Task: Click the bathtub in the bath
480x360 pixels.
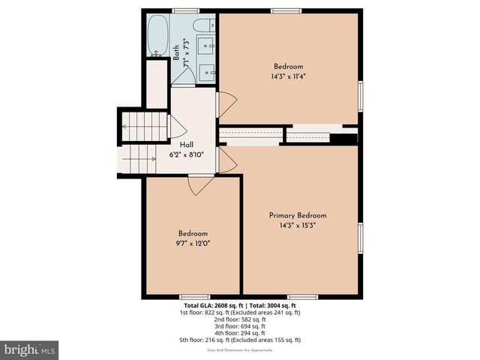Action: point(158,36)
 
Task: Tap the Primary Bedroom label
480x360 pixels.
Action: point(298,215)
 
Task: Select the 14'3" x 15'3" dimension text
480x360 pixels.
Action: point(298,226)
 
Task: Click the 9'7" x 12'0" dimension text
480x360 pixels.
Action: point(193,243)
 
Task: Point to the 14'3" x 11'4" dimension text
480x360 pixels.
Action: point(288,76)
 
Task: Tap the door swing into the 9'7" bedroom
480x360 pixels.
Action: point(200,184)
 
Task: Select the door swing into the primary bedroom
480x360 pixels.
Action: point(227,158)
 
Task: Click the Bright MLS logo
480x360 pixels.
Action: point(30,349)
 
